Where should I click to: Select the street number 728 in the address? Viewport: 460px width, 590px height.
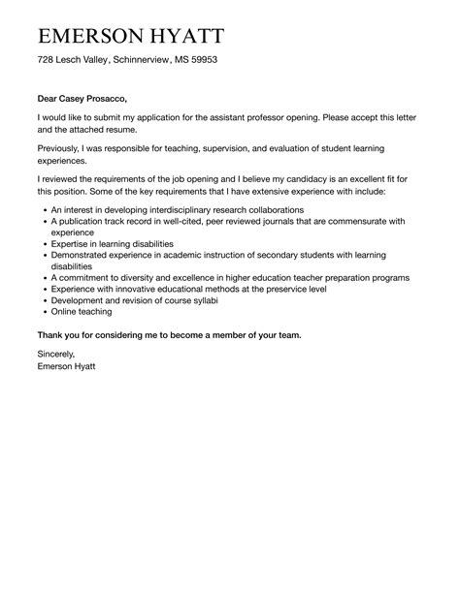pyautogui.click(x=47, y=60)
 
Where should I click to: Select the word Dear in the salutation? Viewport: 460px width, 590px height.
pyautogui.click(x=49, y=98)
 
